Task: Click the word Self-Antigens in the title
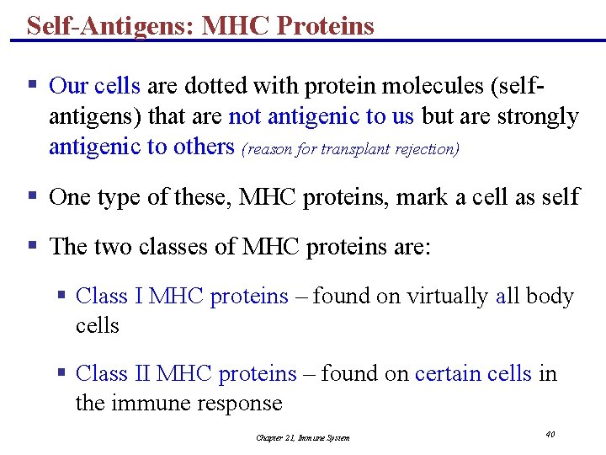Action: [110, 25]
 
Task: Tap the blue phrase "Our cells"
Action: [95, 86]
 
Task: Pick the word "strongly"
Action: [538, 116]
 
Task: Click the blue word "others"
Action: [203, 147]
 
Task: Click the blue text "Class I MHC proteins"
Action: [182, 297]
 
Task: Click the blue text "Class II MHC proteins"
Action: [186, 373]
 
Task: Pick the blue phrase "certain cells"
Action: [473, 373]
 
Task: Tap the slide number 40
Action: [550, 434]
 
